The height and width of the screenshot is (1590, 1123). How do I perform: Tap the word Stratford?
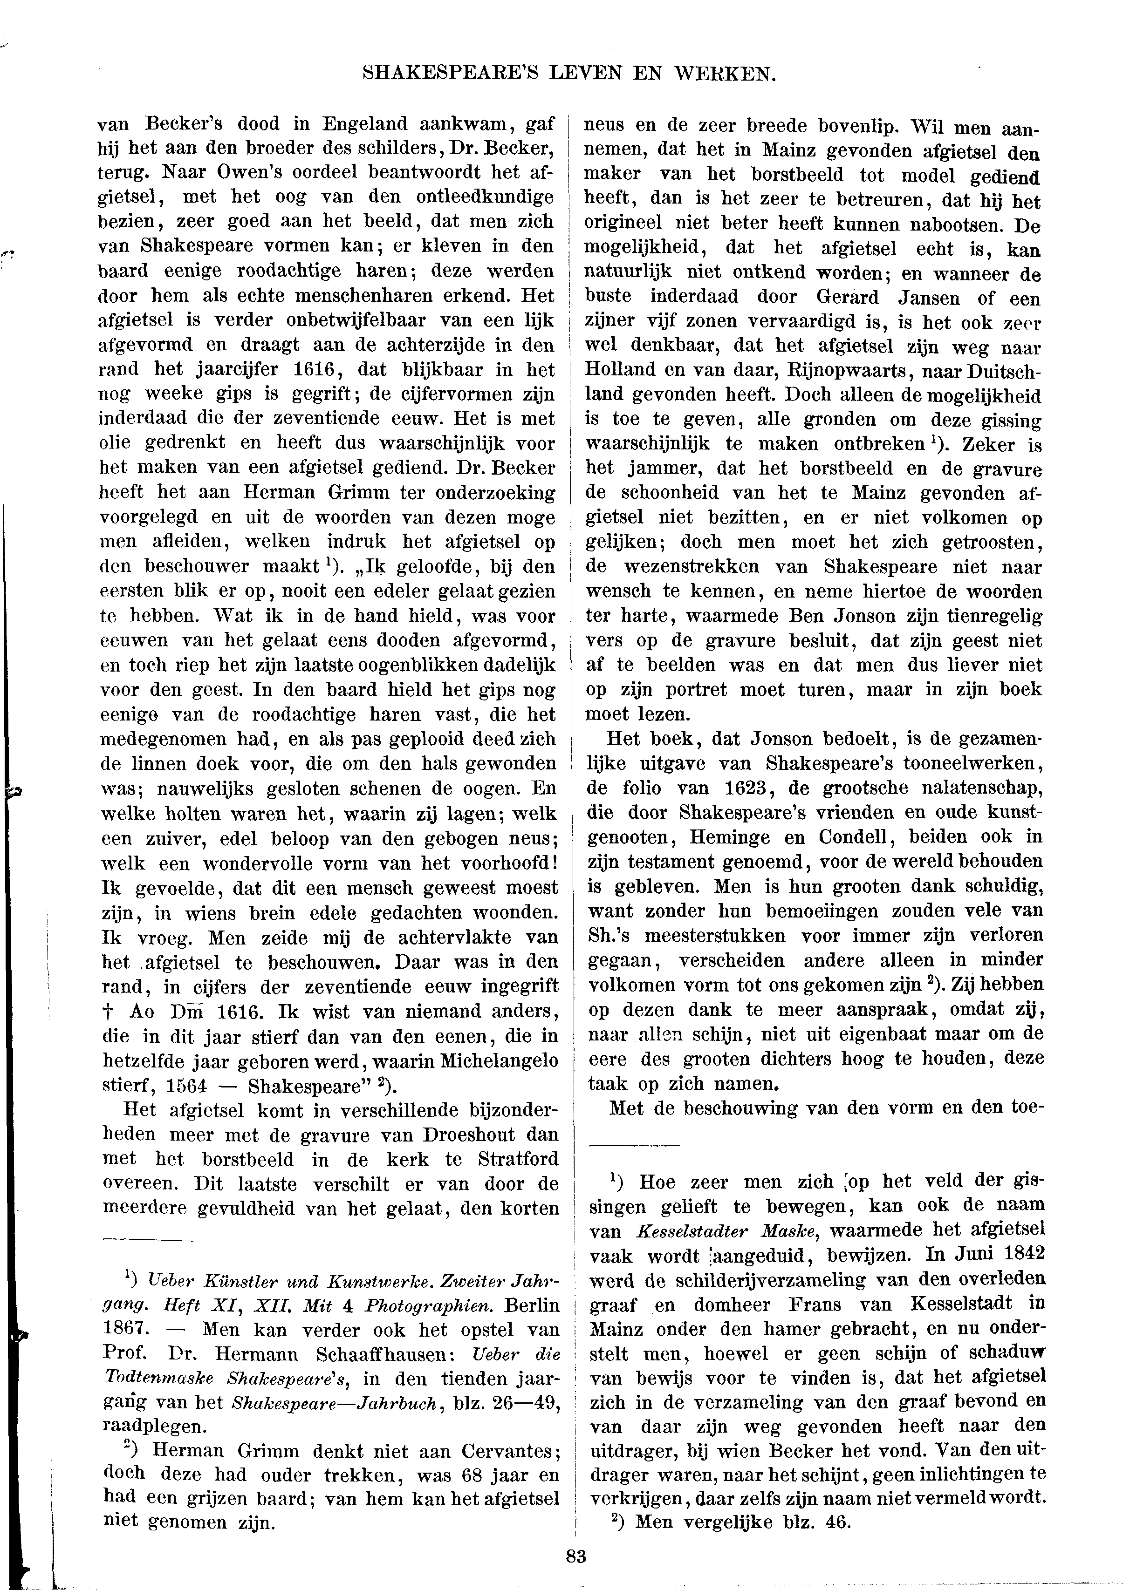518,1159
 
